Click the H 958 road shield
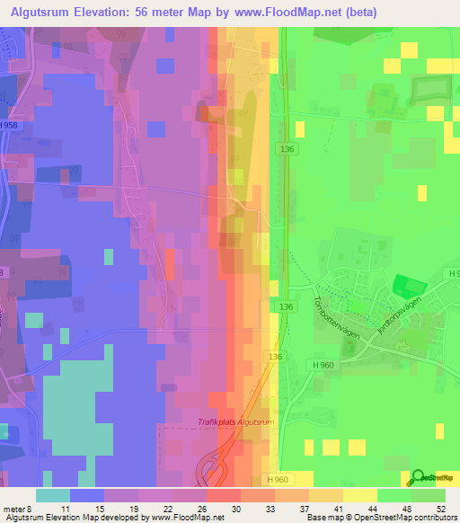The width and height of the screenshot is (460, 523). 9,125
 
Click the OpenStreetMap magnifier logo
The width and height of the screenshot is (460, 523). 417,477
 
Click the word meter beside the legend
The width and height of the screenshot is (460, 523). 14,509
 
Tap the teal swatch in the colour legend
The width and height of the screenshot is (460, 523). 52,495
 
